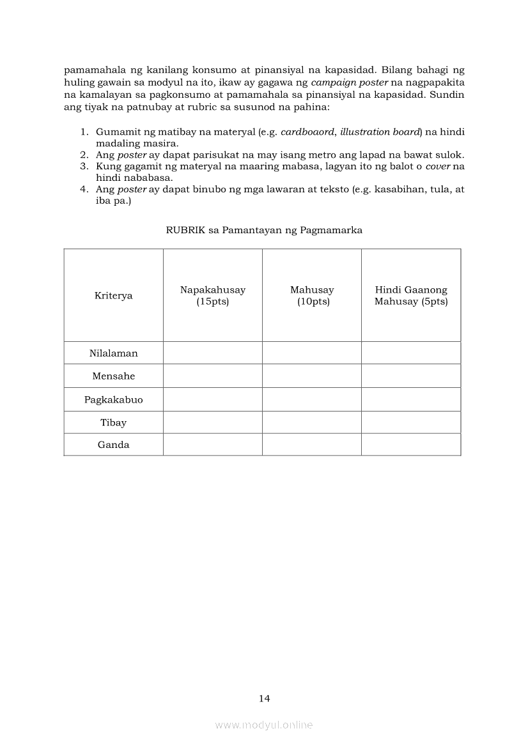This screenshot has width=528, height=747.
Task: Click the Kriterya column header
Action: coord(113,296)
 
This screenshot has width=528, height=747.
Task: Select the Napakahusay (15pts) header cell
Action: coord(212,296)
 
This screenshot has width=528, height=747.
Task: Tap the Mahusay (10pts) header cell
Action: coord(312,296)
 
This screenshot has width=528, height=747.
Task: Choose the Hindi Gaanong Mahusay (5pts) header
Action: coord(411,296)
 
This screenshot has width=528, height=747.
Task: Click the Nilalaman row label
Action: coord(113,353)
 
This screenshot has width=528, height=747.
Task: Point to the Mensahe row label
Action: coord(113,376)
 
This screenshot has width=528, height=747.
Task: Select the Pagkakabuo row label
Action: coord(113,400)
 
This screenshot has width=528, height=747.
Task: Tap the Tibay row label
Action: coord(113,422)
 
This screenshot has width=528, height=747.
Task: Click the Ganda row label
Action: coord(113,445)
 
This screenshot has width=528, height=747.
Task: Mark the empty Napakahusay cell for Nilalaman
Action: coord(212,353)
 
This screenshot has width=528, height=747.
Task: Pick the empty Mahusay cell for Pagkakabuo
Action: coord(312,400)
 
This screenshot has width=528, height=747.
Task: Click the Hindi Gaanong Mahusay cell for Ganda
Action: coord(411,445)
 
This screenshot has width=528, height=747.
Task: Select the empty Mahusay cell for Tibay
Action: coord(312,422)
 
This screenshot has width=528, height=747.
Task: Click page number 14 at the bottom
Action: coord(265,698)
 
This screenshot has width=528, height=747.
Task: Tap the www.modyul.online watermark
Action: coord(264,725)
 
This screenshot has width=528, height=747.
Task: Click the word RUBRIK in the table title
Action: coord(182,230)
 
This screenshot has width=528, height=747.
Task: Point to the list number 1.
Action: coord(83,132)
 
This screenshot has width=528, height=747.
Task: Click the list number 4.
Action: coord(83,190)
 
